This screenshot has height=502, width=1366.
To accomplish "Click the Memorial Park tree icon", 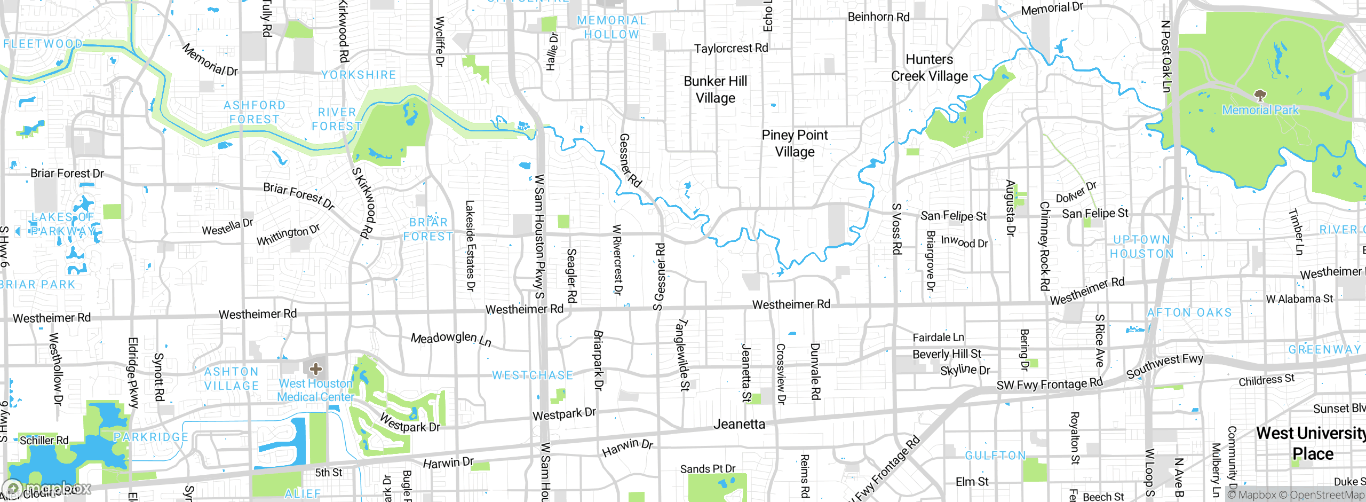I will (x=1260, y=96).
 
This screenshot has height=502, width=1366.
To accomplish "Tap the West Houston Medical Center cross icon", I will (x=315, y=368).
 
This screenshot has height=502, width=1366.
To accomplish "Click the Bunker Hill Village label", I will (x=715, y=90).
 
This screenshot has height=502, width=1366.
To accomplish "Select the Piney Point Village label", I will (x=795, y=144).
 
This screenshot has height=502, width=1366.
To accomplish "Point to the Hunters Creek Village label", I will (x=929, y=68).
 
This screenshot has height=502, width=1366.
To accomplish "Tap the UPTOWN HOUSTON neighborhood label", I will (x=1141, y=247).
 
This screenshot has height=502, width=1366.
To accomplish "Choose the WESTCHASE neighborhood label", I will (x=532, y=375).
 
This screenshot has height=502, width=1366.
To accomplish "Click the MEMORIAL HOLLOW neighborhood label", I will (x=611, y=27).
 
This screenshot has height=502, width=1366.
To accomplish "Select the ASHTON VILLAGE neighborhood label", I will (x=231, y=379).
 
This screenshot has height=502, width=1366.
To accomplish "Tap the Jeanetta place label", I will (x=739, y=425).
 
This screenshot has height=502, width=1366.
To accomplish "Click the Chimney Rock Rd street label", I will (x=1044, y=246).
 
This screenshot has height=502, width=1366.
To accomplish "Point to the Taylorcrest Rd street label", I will (x=730, y=49).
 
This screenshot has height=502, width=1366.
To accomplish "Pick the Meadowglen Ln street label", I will (x=451, y=339).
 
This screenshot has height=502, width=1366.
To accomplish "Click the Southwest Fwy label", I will (x=1164, y=366).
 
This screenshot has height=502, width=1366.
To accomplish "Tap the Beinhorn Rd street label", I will (x=878, y=17).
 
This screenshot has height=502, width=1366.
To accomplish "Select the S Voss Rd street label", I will (x=897, y=229).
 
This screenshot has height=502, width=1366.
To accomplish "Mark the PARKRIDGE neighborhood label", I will (x=151, y=437).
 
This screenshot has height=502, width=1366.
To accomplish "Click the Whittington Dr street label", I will (x=288, y=235).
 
